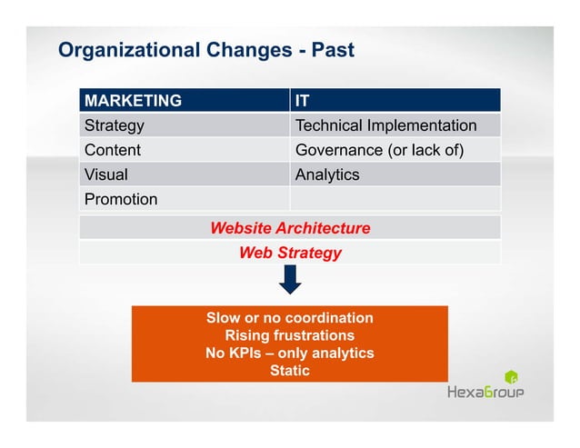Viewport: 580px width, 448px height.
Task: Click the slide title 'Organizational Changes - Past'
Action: tap(205, 49)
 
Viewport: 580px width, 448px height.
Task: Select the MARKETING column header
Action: tap(133, 100)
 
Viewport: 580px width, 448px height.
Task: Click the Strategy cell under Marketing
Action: tap(114, 125)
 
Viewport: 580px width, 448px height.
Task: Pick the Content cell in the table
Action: tap(112, 150)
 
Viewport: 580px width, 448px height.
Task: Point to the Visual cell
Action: tap(105, 174)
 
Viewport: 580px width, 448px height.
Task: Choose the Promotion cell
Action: tap(120, 199)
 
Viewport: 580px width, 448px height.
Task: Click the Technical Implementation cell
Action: tap(385, 125)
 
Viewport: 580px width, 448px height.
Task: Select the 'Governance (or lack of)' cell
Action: tap(379, 150)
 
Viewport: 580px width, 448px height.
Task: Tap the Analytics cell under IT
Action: tap(327, 174)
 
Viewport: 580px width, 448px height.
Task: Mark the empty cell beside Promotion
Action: tap(395, 199)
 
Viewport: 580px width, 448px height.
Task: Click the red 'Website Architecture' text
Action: tap(289, 228)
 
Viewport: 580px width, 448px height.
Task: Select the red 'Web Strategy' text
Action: tap(289, 253)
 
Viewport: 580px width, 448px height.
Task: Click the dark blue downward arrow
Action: tap(290, 281)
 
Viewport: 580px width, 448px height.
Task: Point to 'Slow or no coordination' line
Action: tap(289, 318)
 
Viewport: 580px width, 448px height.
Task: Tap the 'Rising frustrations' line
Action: tap(289, 335)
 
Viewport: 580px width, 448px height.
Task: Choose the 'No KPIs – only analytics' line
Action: tap(289, 353)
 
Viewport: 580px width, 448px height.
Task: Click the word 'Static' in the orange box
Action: tap(289, 371)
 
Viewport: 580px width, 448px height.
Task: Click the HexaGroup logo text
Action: tap(485, 393)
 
